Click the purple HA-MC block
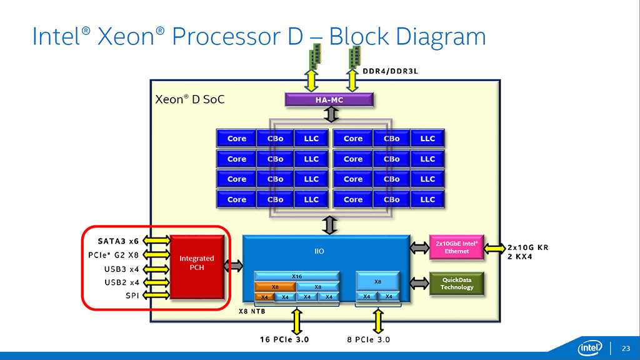pos(329,99)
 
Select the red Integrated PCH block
pos(197,267)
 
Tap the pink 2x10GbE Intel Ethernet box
pos(456,247)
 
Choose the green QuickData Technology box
pos(456,284)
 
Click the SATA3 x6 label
pos(118,241)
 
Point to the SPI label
pos(132,296)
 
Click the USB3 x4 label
pos(122,269)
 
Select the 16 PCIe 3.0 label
pos(284,339)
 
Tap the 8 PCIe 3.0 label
pos(369,339)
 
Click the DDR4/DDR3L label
pos(391,71)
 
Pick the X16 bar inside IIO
pos(297,276)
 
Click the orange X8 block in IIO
pos(275,287)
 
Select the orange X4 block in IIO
pos(264,297)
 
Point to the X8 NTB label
pos(252,311)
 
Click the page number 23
pos(626,349)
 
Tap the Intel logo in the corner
pos(590,347)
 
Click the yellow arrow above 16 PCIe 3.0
pos(297,322)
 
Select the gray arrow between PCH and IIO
pos(234,266)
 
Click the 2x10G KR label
pos(528,247)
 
